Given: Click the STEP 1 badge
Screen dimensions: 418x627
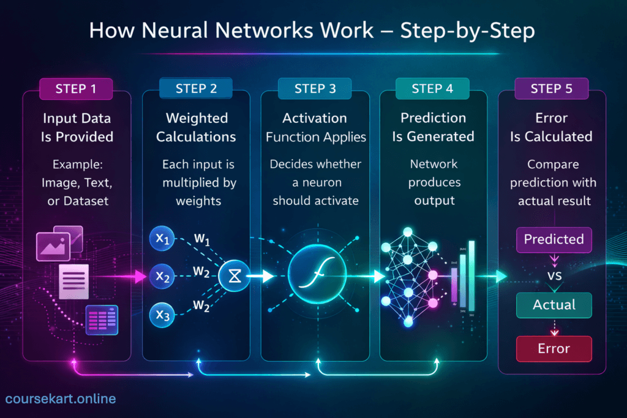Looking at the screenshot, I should coord(76,89).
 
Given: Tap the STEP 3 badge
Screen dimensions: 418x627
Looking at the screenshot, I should coord(315,89).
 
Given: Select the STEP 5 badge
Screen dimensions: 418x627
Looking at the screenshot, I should coord(551,89).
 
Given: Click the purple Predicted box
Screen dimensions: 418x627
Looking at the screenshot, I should coord(554,239).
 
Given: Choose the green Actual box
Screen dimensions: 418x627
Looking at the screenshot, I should coord(554,305).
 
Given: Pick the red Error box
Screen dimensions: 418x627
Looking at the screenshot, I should coord(554,349).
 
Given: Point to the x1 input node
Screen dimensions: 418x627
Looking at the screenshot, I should coord(162,239).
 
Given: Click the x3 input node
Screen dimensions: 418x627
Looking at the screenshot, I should coord(162,316).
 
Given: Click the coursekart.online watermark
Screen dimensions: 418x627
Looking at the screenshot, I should coord(60,399).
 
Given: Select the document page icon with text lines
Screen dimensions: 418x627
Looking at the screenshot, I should coord(73,281).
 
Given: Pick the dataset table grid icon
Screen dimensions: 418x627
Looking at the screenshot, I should coord(102,319).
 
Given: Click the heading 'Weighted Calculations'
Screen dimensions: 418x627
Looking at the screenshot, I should coord(196,127).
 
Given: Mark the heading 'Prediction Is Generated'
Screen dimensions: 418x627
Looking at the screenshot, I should coord(433,127).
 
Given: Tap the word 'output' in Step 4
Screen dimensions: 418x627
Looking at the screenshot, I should coord(433,201).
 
